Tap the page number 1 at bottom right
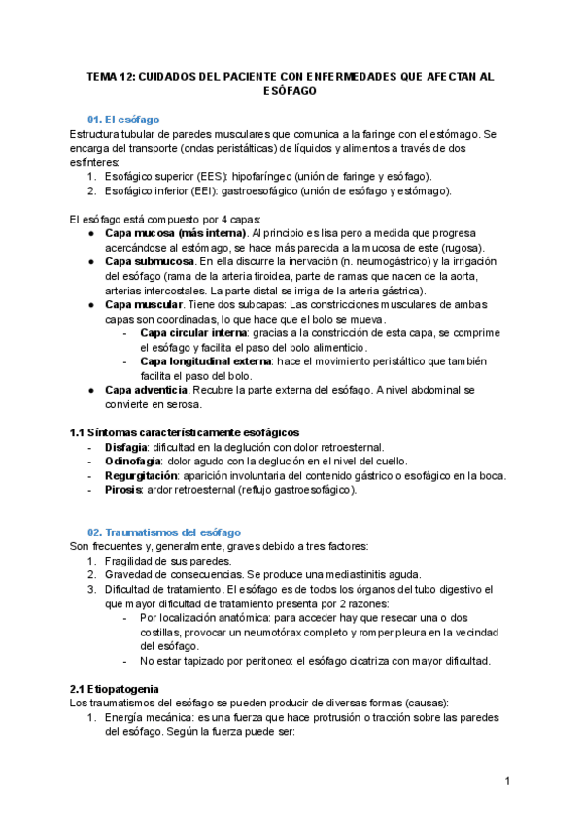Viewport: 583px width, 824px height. tap(507, 781)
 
